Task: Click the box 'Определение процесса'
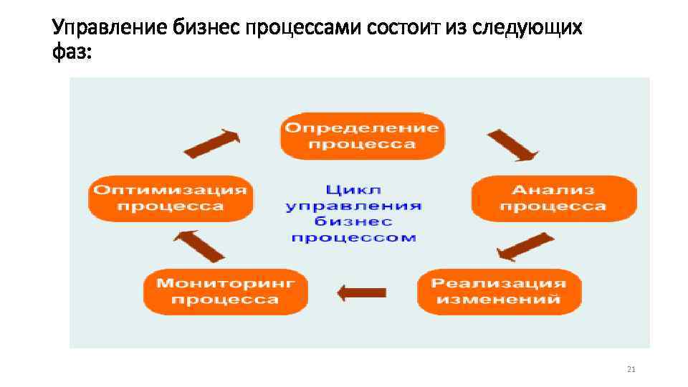[x=362, y=136]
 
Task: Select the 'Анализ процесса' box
[x=553, y=198]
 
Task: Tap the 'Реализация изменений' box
[x=499, y=291]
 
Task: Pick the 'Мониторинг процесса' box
[x=225, y=291]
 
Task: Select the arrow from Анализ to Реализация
[x=525, y=247]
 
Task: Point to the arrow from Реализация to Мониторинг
[x=362, y=292]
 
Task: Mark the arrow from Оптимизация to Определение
[x=211, y=143]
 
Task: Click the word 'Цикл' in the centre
[x=353, y=190]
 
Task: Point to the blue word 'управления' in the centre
[x=353, y=206]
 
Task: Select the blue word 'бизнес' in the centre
[x=353, y=221]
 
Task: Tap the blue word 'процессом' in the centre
[x=353, y=237]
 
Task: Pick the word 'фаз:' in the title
[x=72, y=52]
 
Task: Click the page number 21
[x=631, y=369]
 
